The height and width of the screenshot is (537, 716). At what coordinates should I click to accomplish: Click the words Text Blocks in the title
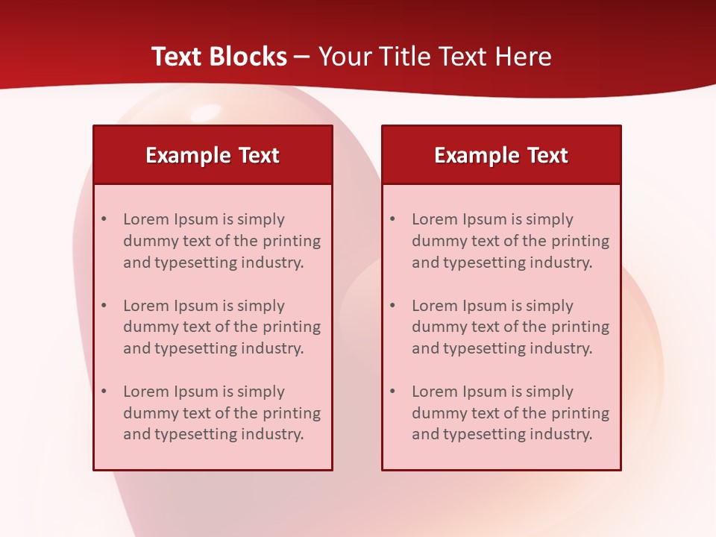click(x=219, y=57)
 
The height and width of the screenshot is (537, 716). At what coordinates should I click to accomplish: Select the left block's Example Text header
click(x=213, y=155)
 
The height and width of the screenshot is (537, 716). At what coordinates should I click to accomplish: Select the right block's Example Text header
click(x=501, y=155)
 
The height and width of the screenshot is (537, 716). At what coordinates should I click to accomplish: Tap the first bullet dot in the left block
click(x=104, y=219)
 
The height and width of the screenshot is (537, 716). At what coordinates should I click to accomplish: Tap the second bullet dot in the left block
click(x=104, y=306)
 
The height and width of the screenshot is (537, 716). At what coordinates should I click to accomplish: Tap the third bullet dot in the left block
click(x=104, y=392)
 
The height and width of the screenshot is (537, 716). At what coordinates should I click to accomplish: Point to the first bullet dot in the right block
click(x=393, y=219)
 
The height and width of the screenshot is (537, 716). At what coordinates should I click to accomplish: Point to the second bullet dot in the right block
click(x=393, y=306)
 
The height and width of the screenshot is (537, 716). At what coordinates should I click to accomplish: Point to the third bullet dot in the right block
click(x=393, y=392)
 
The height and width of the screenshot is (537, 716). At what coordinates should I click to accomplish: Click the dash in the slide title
click(x=302, y=57)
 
